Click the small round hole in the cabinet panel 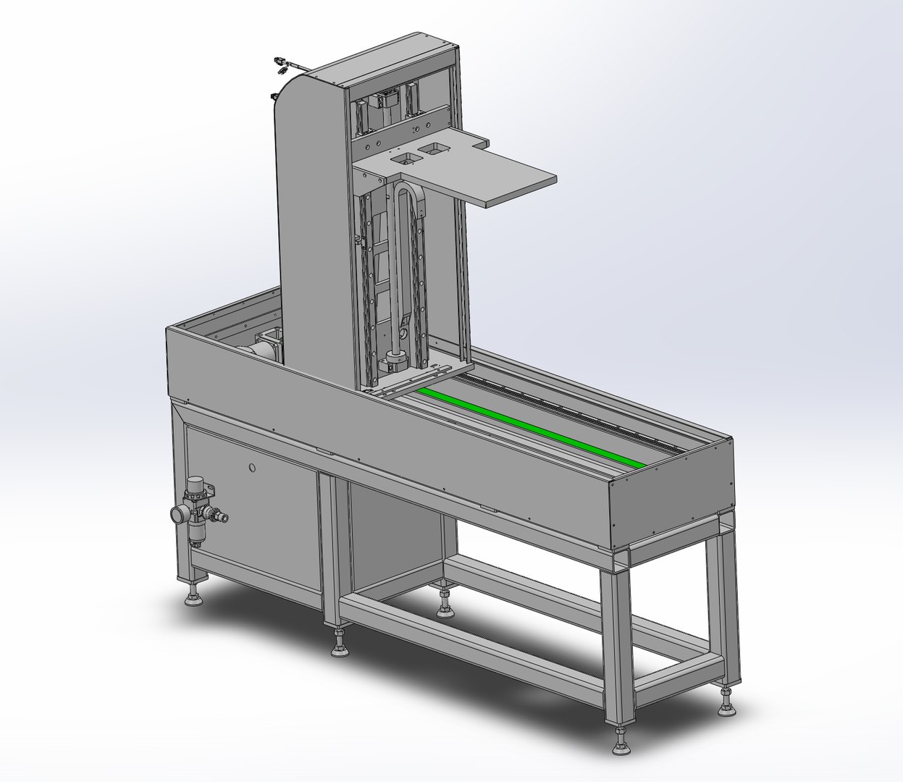251,468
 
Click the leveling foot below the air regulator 193,599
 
